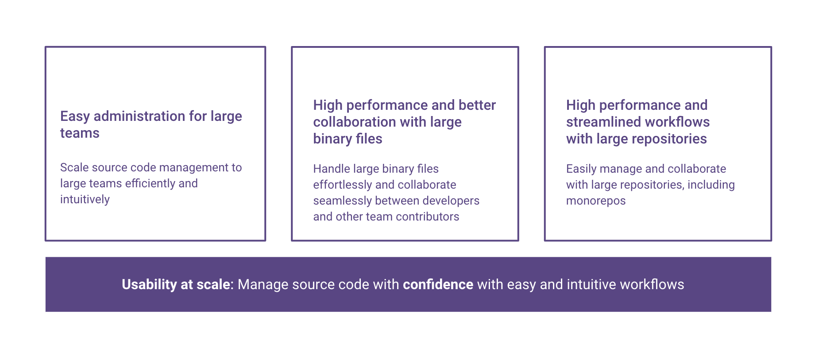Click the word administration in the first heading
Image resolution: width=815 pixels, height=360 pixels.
139,116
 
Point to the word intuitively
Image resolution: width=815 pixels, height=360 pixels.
85,199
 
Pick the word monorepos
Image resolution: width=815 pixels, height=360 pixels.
595,201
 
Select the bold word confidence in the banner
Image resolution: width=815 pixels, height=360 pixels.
438,284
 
